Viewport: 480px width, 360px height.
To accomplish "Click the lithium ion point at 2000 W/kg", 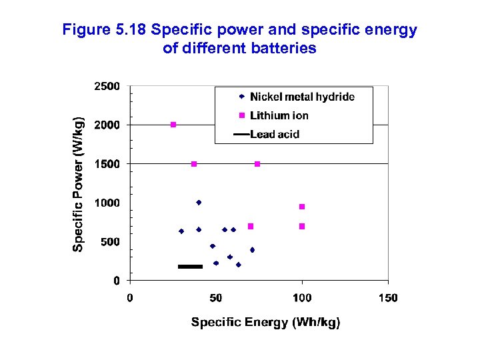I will point(173,125).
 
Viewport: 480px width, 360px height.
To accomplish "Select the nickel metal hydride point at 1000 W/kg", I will point(199,203).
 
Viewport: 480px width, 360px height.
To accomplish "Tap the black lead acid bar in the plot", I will point(190,267).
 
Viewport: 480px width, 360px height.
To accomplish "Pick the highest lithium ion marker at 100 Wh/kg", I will point(302,207).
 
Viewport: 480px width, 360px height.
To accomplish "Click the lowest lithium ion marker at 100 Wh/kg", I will point(302,227).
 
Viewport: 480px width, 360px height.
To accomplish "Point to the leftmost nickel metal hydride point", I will point(181,231).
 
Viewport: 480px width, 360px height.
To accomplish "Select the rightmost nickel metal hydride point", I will point(252,250).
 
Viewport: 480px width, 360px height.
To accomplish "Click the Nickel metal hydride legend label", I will point(302,97).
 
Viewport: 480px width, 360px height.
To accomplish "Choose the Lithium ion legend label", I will point(279,116).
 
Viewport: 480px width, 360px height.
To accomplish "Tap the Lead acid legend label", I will point(275,134).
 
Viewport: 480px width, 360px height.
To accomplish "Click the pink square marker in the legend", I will point(243,116).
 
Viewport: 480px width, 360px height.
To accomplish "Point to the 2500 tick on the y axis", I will point(107,86).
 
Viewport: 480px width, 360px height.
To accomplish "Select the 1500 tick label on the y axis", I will point(107,164).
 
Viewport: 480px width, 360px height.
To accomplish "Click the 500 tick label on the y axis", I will point(110,242).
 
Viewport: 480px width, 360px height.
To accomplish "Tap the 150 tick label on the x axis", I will point(388,297).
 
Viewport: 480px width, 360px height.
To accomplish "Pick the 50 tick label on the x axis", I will point(216,297).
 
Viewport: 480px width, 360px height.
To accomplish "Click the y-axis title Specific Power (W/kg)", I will point(79,181).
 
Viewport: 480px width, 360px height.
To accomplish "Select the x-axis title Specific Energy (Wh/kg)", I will point(265,323).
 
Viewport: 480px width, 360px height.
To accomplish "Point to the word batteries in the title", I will point(282,48).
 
